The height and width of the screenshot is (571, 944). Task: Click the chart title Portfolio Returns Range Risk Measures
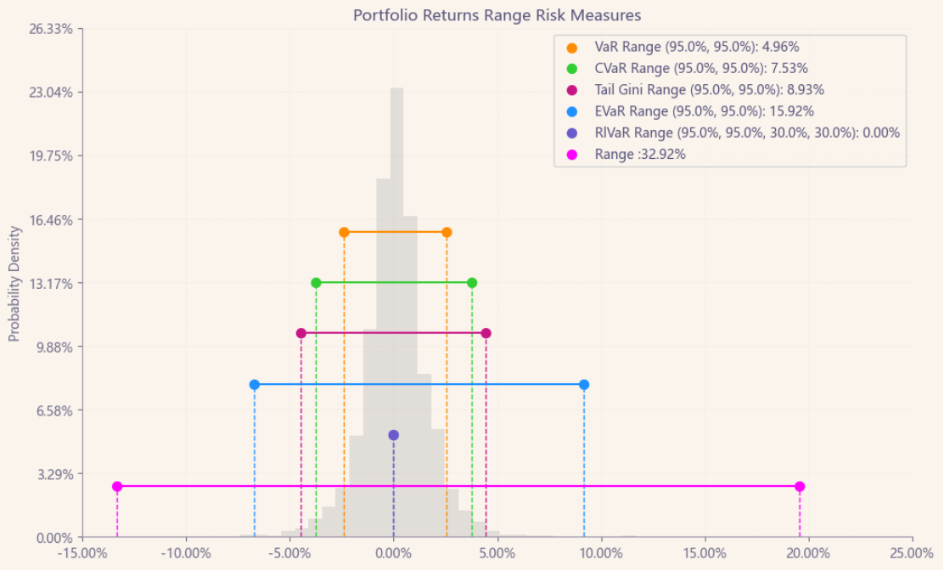tap(497, 15)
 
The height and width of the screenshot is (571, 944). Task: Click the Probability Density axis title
tap(14, 284)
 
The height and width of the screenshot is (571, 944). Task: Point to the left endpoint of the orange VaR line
tap(344, 232)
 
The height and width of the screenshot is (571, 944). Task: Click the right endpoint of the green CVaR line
tap(472, 283)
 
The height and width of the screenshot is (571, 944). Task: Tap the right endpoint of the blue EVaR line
tap(584, 385)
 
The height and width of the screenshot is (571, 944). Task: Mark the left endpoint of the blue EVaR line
tap(255, 385)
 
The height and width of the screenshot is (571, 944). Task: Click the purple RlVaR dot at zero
tap(393, 435)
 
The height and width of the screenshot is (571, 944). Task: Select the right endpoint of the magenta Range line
tap(800, 487)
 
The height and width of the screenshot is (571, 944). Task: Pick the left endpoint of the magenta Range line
tap(117, 487)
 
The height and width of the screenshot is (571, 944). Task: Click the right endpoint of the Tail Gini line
tap(486, 333)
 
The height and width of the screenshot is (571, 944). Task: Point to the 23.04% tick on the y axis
tap(55, 93)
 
